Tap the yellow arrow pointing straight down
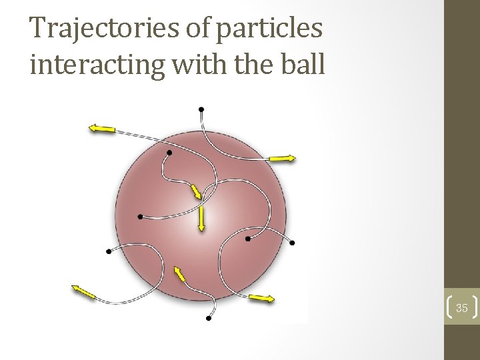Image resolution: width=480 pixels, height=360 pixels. click(x=201, y=218)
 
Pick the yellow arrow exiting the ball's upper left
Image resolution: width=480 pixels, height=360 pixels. click(x=103, y=129)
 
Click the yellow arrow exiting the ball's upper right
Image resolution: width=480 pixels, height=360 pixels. click(x=282, y=158)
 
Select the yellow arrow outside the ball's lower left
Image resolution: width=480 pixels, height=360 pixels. click(x=84, y=291)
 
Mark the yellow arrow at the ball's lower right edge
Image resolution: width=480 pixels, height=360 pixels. click(x=261, y=298)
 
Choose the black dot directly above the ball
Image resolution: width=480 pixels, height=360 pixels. click(x=201, y=109)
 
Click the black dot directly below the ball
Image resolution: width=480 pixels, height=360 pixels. click(x=209, y=319)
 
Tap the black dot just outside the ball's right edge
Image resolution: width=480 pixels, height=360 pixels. click(x=292, y=243)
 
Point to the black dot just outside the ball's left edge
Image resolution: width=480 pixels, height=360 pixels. click(x=109, y=251)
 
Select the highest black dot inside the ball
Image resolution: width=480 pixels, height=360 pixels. click(x=169, y=153)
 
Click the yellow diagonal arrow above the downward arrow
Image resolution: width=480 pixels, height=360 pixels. click(x=195, y=191)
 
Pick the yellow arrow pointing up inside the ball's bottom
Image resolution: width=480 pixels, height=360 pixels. click(x=179, y=274)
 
